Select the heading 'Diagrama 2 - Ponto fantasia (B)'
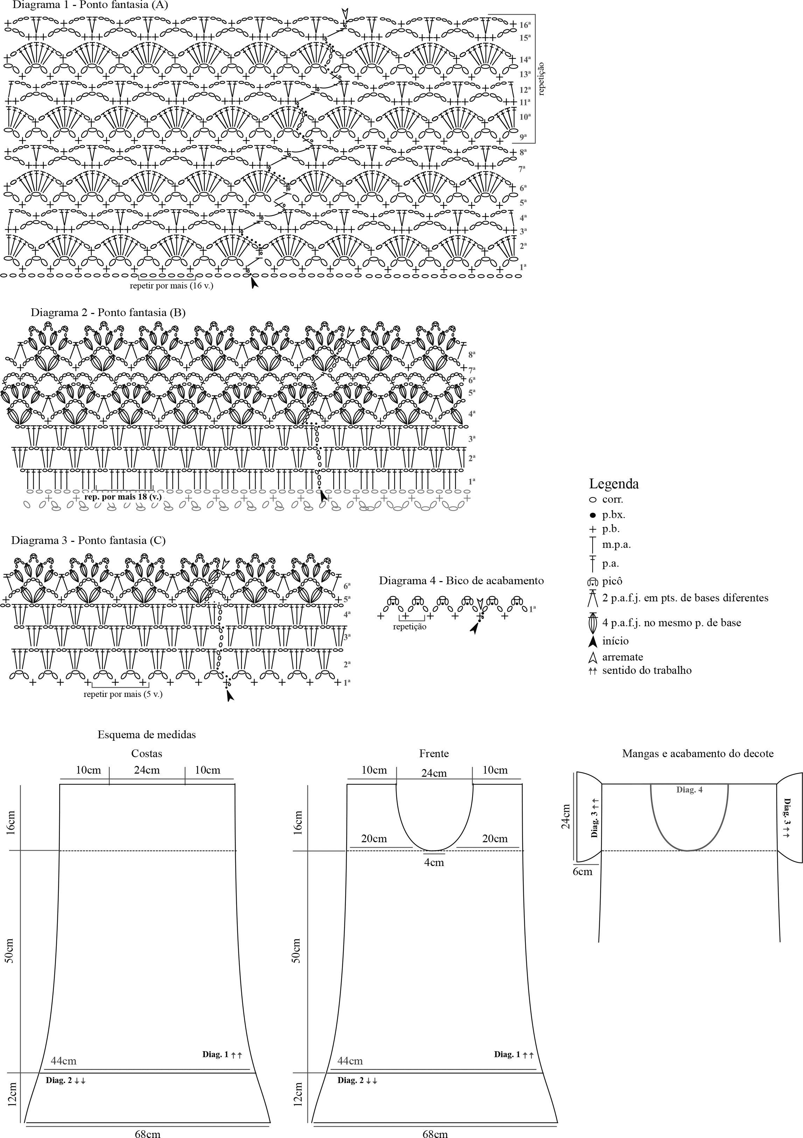(108, 312)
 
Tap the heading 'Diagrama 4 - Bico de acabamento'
(461, 580)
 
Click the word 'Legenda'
(614, 484)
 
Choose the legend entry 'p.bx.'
(614, 515)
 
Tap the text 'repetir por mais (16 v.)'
(172, 286)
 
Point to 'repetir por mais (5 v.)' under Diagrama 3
(123, 694)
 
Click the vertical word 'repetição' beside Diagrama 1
(541, 79)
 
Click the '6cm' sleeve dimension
(582, 871)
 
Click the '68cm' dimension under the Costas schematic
(148, 1133)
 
